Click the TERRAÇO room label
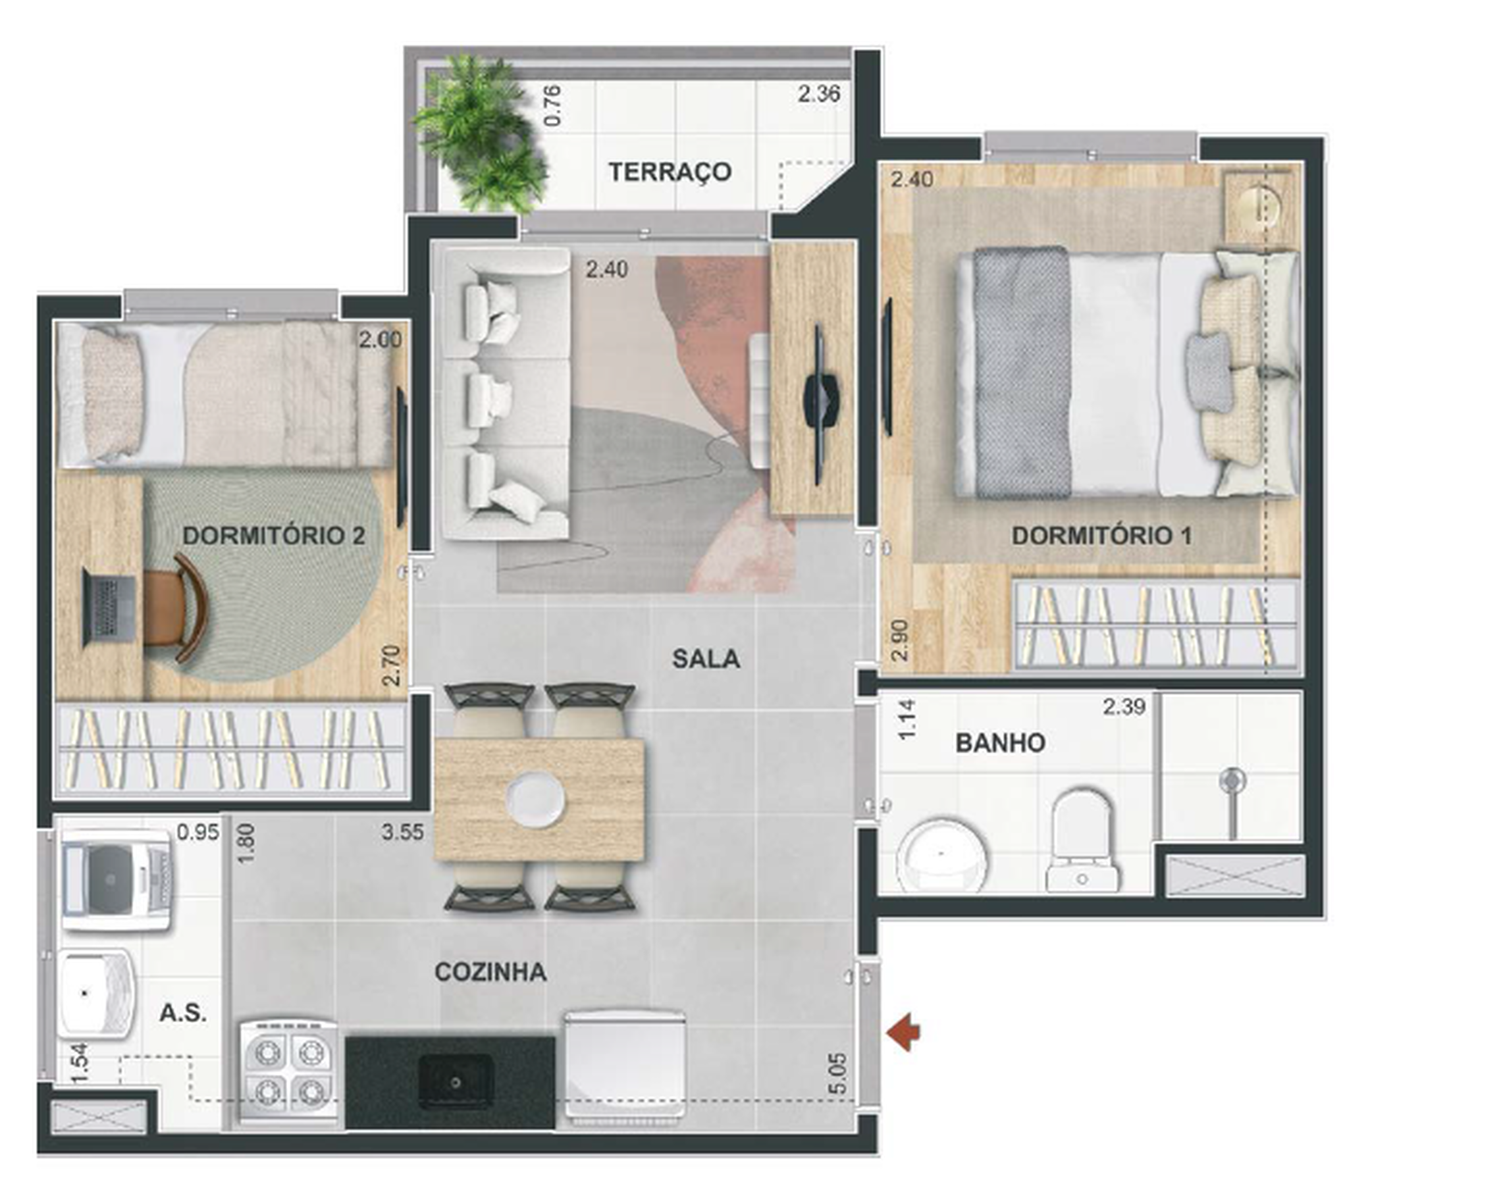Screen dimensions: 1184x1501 [670, 172]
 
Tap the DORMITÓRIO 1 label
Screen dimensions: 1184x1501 [1101, 535]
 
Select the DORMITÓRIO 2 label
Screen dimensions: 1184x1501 [273, 535]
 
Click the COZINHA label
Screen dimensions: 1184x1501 [490, 972]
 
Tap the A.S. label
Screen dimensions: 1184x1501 [183, 1014]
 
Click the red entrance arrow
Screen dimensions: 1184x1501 [904, 1033]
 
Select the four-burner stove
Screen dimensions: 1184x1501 [288, 1072]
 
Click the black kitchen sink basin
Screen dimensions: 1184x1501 [456, 1081]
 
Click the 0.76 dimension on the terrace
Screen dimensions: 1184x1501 [552, 105]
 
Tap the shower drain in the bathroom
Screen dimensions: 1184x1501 [1232, 780]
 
